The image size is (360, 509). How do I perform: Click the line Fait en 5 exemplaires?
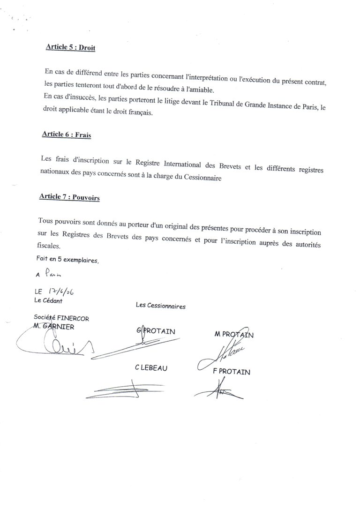click(x=67, y=259)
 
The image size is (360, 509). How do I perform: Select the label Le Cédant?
click(x=48, y=300)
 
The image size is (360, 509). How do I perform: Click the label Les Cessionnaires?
click(x=160, y=306)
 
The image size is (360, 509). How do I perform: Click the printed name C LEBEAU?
click(x=150, y=368)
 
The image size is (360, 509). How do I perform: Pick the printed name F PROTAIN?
click(x=232, y=373)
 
